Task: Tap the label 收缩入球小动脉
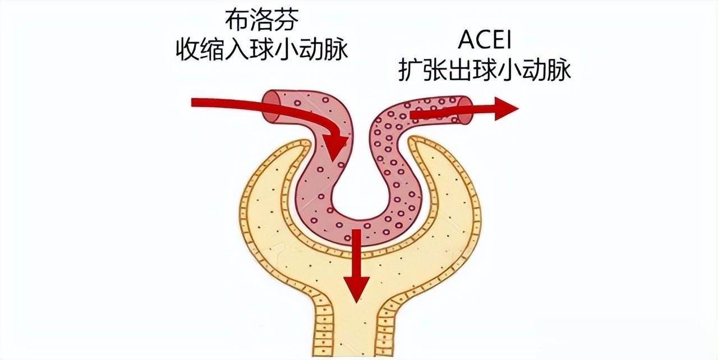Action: point(262,50)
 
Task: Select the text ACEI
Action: point(485,41)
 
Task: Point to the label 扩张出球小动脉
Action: point(485,71)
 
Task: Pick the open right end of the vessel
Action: point(464,110)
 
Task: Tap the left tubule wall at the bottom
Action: point(323,331)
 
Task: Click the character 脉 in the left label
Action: point(335,50)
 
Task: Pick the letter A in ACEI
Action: point(463,41)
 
